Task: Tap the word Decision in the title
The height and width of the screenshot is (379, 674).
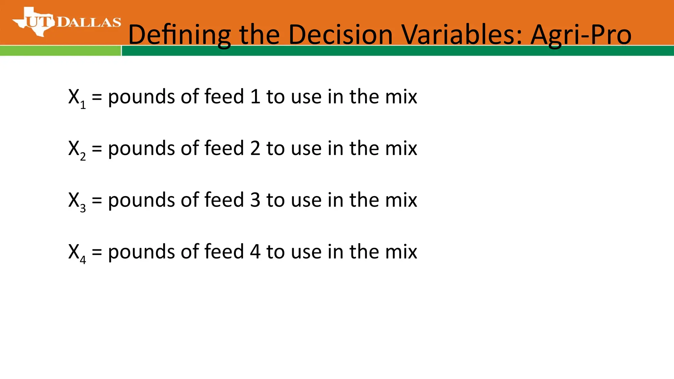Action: click(x=340, y=35)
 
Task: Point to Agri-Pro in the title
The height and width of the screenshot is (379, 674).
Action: click(x=581, y=35)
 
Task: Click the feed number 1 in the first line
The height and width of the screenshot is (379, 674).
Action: click(x=255, y=97)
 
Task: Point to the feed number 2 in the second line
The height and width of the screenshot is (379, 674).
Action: click(x=255, y=148)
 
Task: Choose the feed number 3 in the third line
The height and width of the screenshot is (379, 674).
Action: click(x=255, y=200)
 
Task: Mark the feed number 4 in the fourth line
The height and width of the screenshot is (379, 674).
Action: click(x=255, y=252)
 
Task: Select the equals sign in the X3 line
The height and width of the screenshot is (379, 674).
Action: click(x=97, y=200)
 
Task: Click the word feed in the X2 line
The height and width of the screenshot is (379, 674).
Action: click(x=224, y=148)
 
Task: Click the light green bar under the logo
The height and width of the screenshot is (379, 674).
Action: click(x=60, y=51)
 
